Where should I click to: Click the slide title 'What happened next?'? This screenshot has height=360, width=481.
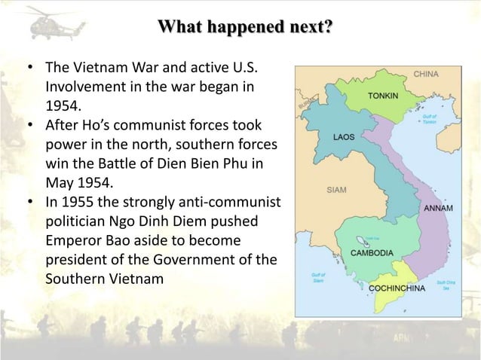(x=244, y=28)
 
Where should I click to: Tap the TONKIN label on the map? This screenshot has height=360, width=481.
(x=384, y=96)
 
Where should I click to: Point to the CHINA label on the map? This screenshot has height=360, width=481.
(x=427, y=75)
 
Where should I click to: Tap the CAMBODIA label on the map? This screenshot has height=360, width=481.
(x=372, y=253)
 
